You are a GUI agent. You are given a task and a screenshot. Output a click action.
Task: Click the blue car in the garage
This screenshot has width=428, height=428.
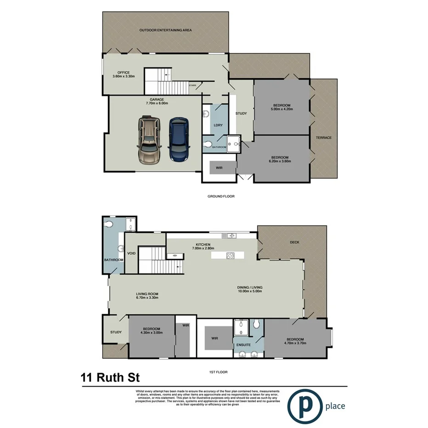point(178,139)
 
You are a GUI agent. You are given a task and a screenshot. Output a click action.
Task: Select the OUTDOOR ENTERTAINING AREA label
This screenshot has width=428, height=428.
point(165,30)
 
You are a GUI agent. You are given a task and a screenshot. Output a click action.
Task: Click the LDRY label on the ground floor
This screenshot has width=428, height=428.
point(218,125)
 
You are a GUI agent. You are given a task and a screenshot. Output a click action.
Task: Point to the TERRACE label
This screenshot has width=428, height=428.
point(324,138)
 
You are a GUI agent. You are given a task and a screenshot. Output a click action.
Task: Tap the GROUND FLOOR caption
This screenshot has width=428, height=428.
point(221,196)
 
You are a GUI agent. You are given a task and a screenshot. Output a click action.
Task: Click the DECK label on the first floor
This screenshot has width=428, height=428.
point(294,243)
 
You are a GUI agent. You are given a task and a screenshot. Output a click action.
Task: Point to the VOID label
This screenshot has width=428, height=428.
point(131,253)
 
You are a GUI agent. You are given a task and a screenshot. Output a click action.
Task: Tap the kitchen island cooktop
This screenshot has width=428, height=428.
point(231,255)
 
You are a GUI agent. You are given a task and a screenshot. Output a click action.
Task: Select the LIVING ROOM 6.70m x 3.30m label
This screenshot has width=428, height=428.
point(147,296)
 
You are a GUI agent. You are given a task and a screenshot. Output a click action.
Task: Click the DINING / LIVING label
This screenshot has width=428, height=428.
point(250,289)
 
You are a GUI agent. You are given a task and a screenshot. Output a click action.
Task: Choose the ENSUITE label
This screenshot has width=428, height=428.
point(243,344)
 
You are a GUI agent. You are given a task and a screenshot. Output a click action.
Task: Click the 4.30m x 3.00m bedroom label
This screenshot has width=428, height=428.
point(151,331)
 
